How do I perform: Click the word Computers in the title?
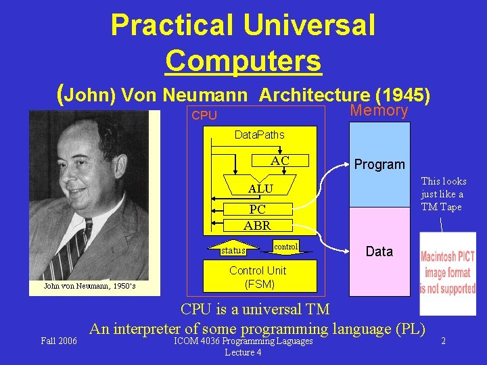(243, 61)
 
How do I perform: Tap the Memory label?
(379, 111)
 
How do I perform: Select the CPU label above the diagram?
(204, 116)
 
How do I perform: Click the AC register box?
(280, 161)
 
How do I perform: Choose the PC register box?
(257, 210)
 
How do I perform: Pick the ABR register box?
(257, 226)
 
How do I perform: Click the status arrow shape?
(233, 250)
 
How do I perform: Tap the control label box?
(286, 247)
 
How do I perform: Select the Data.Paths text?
(260, 135)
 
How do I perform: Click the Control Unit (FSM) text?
(257, 277)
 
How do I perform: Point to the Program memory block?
(379, 164)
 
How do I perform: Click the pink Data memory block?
(379, 251)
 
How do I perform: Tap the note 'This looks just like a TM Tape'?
(443, 194)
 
